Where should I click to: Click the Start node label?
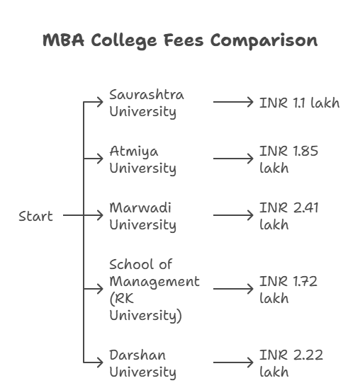coord(35,217)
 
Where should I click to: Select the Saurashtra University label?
coord(146,103)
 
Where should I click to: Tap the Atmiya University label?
coord(142,160)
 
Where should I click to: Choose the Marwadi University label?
coord(142,217)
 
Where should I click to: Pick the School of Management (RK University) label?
coord(154,290)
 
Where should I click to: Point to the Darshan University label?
coord(142,363)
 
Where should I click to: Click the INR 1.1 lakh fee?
coord(299,103)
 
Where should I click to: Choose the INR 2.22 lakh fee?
coord(291,363)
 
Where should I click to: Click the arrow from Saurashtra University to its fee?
coord(232,103)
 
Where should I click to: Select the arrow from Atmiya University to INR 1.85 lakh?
coord(232,160)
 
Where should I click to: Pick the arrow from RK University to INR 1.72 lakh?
coord(232,290)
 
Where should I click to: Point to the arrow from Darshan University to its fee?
coord(232,363)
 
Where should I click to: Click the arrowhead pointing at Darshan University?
coord(101,363)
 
